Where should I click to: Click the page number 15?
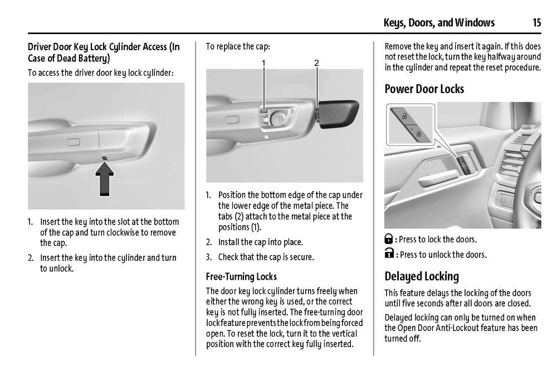(536, 23)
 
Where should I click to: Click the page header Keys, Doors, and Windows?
(439, 23)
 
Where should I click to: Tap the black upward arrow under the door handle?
(105, 178)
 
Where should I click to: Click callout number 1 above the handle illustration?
(263, 63)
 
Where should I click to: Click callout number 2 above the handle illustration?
(316, 63)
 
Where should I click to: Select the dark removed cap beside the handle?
(338, 113)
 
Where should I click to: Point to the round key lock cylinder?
(277, 117)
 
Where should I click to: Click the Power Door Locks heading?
(424, 89)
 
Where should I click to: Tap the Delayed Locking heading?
(422, 276)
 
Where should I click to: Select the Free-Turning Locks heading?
(241, 276)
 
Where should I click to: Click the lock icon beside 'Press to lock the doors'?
(389, 239)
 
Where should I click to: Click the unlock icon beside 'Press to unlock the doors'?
(389, 254)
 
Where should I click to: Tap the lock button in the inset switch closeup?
(419, 134)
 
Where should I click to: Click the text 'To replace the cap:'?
(238, 47)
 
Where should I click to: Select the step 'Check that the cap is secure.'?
(266, 257)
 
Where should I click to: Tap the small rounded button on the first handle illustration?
(74, 142)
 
